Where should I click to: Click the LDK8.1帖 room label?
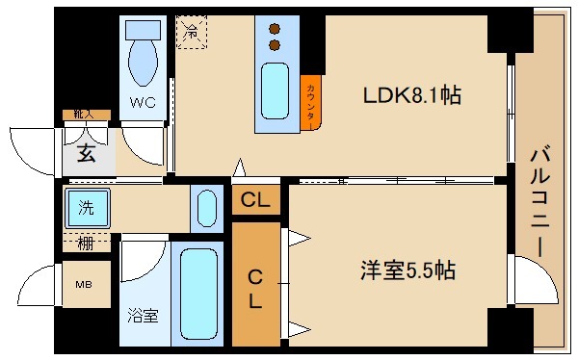pyautogui.click(x=411, y=96)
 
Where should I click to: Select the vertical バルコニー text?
pyautogui.click(x=539, y=200)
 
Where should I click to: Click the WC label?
pyautogui.click(x=144, y=101)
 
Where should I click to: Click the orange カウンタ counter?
pyautogui.click(x=311, y=101)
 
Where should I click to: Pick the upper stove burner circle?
pyautogui.click(x=276, y=28)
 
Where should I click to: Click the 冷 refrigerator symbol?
pyautogui.click(x=192, y=32)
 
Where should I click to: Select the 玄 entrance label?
pyautogui.click(x=87, y=152)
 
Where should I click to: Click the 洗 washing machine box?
pyautogui.click(x=87, y=206)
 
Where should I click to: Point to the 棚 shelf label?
pyautogui.click(x=86, y=242)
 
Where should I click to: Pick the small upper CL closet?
pyautogui.click(x=255, y=201)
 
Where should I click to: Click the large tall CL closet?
pyautogui.click(x=255, y=287)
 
